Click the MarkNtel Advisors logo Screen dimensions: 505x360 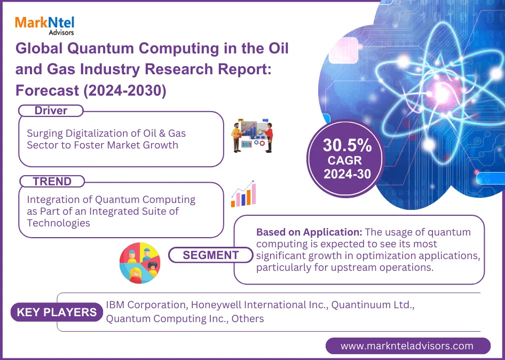coord(45,26)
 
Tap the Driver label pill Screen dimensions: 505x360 coord(51,111)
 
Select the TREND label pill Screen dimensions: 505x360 coord(52,182)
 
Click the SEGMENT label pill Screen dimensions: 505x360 coord(211,255)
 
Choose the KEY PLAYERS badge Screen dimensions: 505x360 coord(57,312)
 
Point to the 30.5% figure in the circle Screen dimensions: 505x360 coord(347,145)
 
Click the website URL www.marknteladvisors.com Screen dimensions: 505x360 coord(407,346)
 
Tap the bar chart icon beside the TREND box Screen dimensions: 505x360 coord(243,194)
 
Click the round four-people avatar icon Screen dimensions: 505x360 coord(140,263)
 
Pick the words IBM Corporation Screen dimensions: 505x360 coord(146,305)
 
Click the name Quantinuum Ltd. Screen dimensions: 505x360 coord(373,304)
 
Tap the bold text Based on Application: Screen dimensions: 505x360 coord(309,232)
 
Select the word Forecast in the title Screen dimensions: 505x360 coord(48,90)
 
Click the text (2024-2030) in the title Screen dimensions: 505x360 coord(125,91)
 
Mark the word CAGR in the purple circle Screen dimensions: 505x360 coord(345,160)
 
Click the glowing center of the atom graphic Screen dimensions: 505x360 coord(441,93)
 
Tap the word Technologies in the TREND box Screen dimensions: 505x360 coord(58,223)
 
